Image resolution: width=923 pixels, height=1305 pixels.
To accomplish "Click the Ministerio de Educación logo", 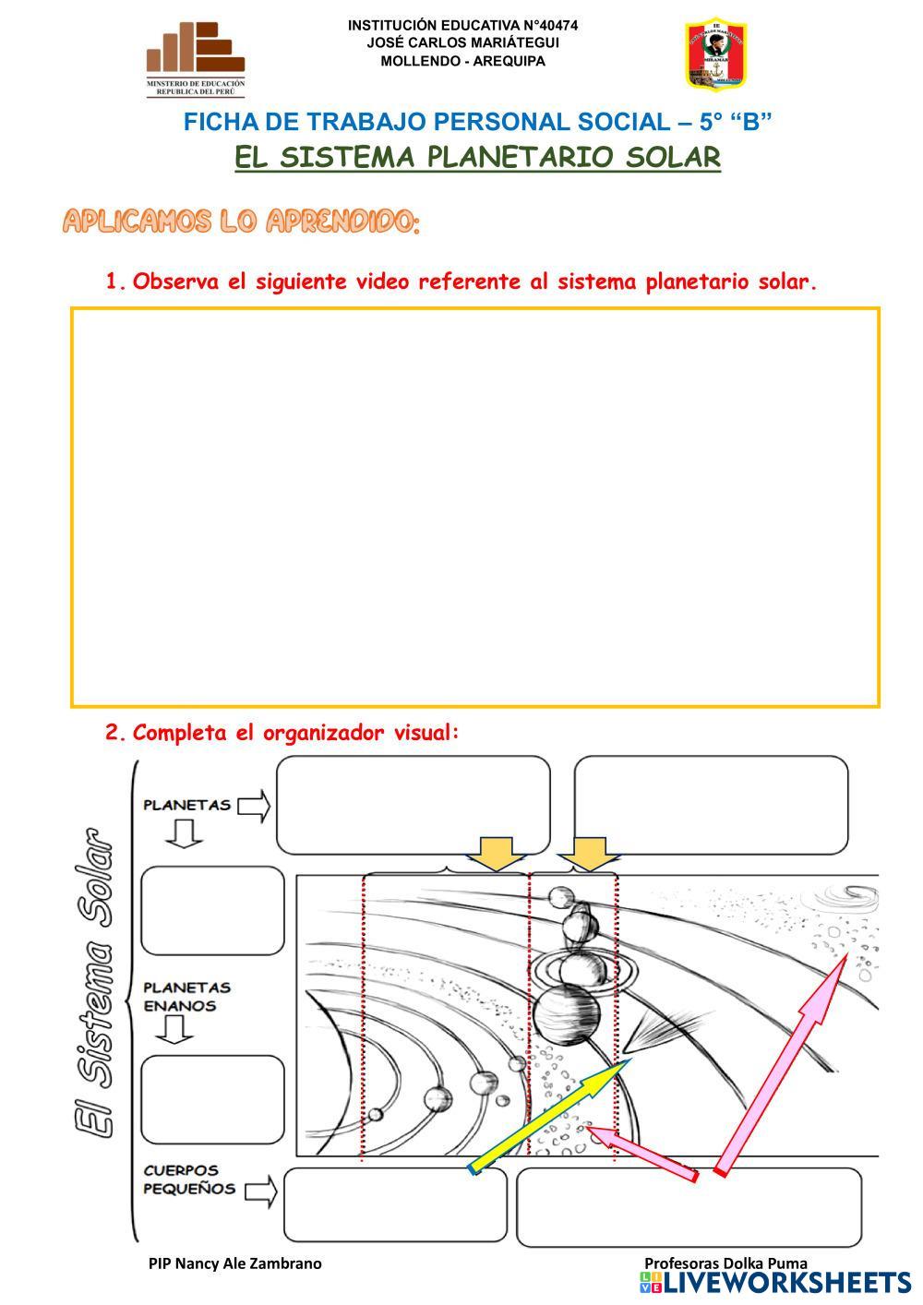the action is coord(196,59).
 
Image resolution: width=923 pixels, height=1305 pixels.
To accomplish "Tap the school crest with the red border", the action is coord(715,54).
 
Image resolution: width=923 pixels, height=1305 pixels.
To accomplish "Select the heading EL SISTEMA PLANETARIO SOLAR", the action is coord(477,157).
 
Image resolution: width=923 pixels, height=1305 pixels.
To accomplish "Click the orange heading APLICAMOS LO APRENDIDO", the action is coord(241,221).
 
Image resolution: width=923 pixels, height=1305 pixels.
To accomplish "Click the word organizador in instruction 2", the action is coord(323,733).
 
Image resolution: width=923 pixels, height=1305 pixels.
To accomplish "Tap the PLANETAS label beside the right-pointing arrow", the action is coord(186,805).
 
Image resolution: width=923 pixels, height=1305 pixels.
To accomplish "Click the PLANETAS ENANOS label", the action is coord(186,997).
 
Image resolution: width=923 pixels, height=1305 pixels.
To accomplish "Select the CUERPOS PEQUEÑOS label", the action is coord(189,1179).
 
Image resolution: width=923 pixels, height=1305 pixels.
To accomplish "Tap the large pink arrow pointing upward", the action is coord(785,1061).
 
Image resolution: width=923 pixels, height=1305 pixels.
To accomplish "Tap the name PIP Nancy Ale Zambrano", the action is coord(235,1263).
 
